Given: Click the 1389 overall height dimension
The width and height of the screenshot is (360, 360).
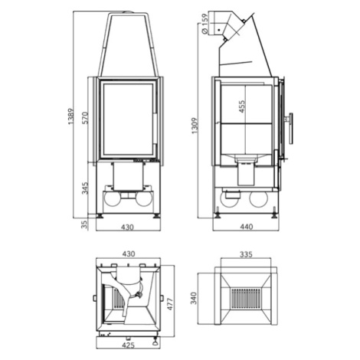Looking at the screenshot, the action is point(70,116).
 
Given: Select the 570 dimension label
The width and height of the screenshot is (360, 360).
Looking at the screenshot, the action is point(85,118).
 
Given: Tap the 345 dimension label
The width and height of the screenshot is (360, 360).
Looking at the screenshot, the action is point(85,188).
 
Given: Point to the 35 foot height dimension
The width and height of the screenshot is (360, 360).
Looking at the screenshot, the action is point(84,224).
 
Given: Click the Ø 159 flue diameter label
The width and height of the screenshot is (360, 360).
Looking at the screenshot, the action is point(205,24).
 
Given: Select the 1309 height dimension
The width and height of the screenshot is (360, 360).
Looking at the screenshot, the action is point(195,126).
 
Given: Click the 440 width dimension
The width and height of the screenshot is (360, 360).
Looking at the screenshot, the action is point(247,227).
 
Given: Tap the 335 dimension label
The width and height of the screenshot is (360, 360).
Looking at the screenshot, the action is point(246,254).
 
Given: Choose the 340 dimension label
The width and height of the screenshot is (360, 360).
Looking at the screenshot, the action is point(194,298).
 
